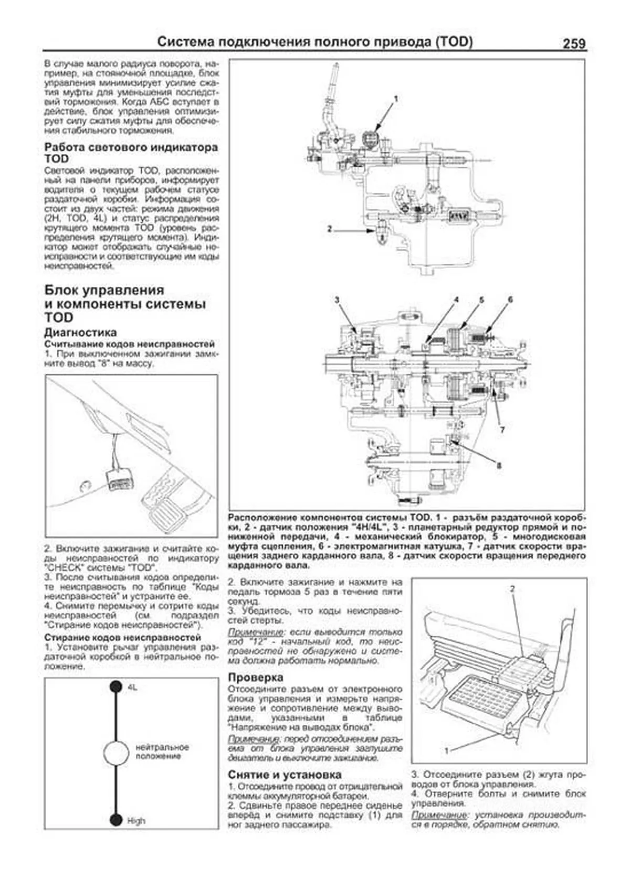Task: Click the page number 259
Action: (574, 44)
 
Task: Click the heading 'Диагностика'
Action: (80, 333)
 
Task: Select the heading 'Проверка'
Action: (256, 677)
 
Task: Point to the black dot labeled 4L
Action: (116, 687)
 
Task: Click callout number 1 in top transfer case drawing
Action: (396, 98)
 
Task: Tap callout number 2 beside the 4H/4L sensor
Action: (329, 229)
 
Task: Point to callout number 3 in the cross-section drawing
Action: (337, 300)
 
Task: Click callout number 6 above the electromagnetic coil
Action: (510, 300)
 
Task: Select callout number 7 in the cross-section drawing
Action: (502, 430)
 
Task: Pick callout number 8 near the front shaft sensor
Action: (498, 465)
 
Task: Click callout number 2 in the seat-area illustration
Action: (512, 589)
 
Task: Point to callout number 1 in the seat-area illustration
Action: (447, 751)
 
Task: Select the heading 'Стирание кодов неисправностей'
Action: (123, 638)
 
